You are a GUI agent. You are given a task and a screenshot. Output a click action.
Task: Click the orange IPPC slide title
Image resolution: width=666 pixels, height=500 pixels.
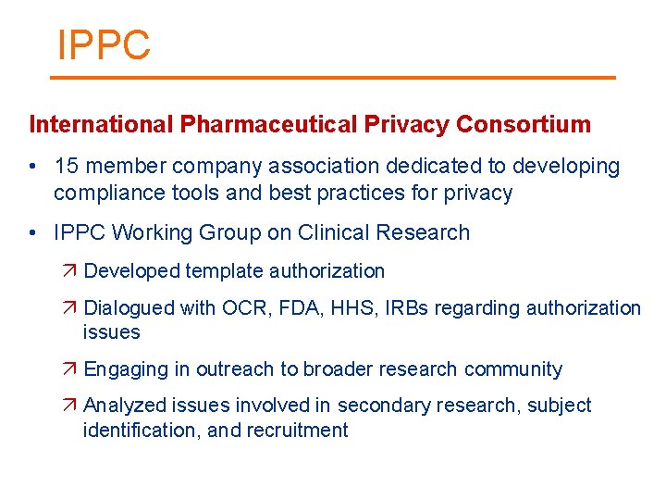pyautogui.click(x=104, y=44)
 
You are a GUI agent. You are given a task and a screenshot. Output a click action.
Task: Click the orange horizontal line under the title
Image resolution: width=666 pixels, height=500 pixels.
pyautogui.click(x=333, y=78)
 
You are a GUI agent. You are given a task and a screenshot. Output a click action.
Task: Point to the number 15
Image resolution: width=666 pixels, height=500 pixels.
pyautogui.click(x=67, y=167)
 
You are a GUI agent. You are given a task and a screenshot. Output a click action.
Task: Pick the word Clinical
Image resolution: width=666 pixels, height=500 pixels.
pyautogui.click(x=347, y=232)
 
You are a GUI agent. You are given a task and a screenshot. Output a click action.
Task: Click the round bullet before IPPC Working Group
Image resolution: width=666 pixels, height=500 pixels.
pyautogui.click(x=32, y=232)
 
